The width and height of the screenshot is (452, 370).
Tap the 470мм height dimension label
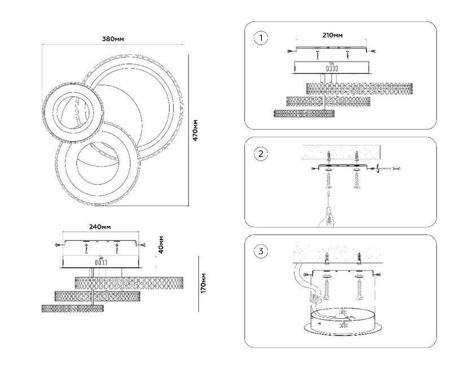tap(195, 132)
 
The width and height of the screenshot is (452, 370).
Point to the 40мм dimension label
tap(162, 243)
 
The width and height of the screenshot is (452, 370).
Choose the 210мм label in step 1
tap(333, 35)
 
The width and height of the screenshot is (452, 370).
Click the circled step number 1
tap(260, 38)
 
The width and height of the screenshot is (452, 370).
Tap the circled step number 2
tap(260, 153)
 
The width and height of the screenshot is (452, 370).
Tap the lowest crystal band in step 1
tap(304, 113)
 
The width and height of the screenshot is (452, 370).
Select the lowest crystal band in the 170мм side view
tap(73, 308)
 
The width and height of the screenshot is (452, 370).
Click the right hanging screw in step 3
tap(358, 289)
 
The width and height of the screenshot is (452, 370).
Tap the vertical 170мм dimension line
tap(199, 282)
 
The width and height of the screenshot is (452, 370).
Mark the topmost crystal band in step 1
tap(359, 88)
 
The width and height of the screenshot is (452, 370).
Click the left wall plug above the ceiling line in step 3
tap(327, 259)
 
